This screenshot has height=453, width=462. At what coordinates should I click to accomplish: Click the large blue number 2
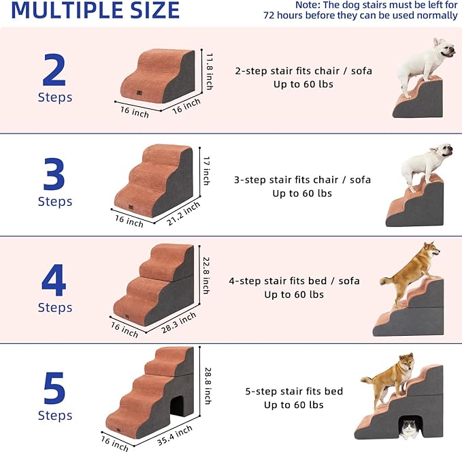pos(54,68)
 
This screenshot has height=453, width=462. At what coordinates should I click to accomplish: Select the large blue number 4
pos(54,279)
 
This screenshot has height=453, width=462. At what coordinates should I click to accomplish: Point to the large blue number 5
pos(54,386)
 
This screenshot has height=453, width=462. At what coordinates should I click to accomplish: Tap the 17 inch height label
pos(206,170)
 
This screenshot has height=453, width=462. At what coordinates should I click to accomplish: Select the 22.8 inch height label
pos(206,275)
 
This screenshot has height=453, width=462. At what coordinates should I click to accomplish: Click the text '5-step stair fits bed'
pos(294,392)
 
